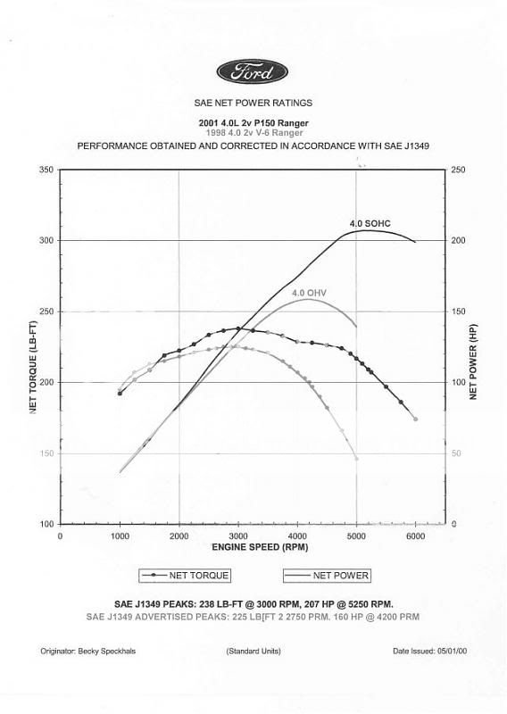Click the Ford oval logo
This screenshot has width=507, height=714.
click(253, 71)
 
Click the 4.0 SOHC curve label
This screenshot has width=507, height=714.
click(370, 221)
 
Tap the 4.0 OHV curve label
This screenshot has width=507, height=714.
click(309, 292)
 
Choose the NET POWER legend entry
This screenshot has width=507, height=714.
click(328, 576)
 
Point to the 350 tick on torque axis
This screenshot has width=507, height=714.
click(45, 170)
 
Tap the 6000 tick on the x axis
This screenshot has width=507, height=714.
click(415, 536)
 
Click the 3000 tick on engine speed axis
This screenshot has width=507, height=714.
click(237, 536)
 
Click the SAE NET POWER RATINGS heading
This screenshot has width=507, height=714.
click(253, 104)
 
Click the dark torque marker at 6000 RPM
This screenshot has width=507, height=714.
click(415, 419)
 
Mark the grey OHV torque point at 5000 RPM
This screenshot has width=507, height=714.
click(356, 459)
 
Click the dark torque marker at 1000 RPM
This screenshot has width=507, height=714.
click(120, 394)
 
